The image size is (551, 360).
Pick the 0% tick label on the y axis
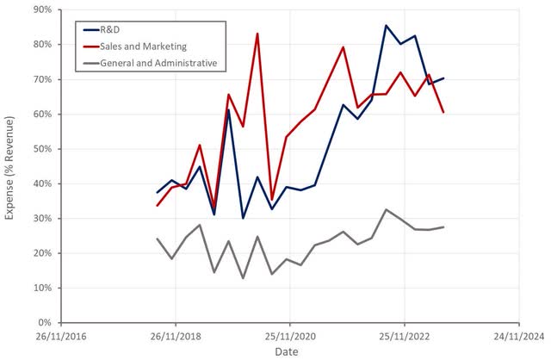42,323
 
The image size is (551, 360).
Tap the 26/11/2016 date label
61,338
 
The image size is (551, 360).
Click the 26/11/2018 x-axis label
176,338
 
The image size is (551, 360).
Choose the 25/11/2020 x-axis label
290,338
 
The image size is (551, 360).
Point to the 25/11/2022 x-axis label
405,338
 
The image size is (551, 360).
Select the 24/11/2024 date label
519,338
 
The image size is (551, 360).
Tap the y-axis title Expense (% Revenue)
9,166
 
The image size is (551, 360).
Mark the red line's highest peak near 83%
257,34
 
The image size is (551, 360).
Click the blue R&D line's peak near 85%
386,26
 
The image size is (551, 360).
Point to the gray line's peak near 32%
386,209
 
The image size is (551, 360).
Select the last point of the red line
443,112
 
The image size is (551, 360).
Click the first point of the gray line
158,239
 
